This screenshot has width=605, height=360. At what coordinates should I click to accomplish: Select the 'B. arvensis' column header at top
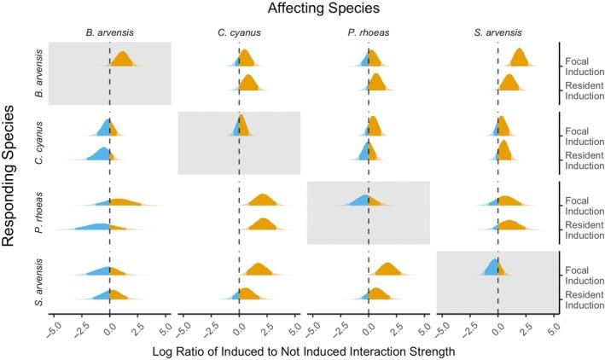coord(109,33)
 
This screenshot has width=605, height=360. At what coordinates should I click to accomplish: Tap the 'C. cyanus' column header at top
coord(239,33)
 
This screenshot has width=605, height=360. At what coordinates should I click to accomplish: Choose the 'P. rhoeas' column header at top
coord(368,33)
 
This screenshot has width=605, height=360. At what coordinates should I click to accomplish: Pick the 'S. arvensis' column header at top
coord(497,33)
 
